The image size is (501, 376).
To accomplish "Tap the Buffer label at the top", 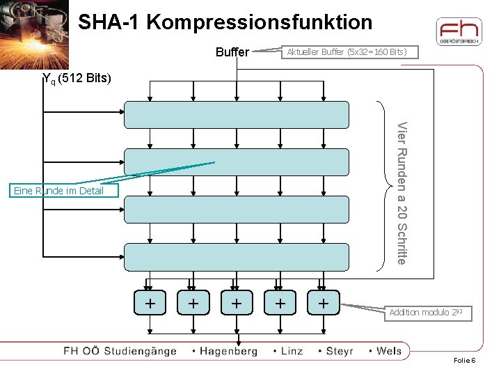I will point(232,52).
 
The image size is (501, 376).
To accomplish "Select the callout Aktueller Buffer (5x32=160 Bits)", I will point(343,52).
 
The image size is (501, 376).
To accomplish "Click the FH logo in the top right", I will point(458,31).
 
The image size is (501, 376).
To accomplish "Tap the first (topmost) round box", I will point(236,115).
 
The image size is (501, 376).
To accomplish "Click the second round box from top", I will point(236,162).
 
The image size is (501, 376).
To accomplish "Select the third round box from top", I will point(236,209).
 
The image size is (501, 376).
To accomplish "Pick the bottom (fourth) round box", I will point(236,256).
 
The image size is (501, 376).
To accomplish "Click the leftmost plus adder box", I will point(150,304).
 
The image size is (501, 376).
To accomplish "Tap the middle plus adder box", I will point(237,304).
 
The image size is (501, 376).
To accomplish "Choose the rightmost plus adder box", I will point(323,304).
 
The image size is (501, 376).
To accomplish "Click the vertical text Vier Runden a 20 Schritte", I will point(401,192).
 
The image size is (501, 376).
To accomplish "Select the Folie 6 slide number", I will point(464,361).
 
